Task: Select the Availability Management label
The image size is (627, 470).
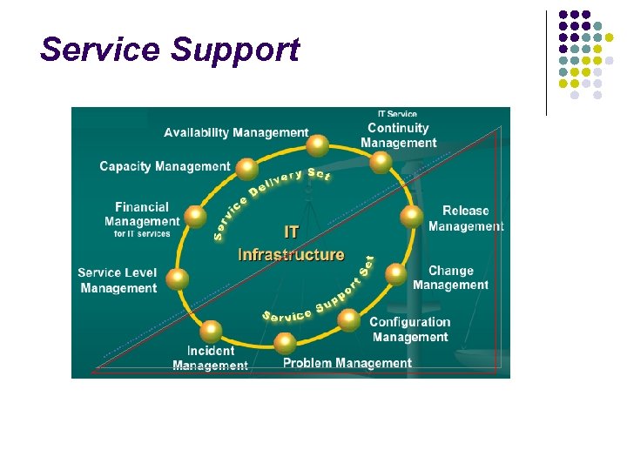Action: coord(236,133)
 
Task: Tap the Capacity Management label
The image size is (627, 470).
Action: coord(165,166)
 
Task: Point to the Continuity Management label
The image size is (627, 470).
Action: coord(398,136)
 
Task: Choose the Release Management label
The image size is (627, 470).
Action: coord(466,218)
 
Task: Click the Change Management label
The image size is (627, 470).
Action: coord(450,278)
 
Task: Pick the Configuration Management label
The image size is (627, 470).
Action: coord(410,330)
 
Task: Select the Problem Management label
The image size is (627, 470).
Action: coord(347,363)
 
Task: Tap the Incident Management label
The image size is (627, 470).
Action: coord(210,359)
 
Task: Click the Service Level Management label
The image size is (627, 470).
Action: coord(118,280)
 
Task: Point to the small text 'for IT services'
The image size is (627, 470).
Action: coord(142,234)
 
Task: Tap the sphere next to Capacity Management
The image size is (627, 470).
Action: coord(248,168)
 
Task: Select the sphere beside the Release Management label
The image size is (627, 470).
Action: coord(411,218)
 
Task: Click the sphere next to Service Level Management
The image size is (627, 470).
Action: coord(177,279)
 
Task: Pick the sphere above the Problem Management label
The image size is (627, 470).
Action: coord(285,342)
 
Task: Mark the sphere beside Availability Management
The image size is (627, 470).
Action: coord(319,144)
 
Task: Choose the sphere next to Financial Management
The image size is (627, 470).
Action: coord(197,215)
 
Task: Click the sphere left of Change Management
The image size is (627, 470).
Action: coord(396,275)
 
